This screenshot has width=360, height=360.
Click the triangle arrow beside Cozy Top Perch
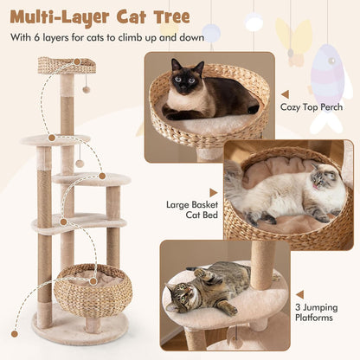pyautogui.click(x=285, y=93)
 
